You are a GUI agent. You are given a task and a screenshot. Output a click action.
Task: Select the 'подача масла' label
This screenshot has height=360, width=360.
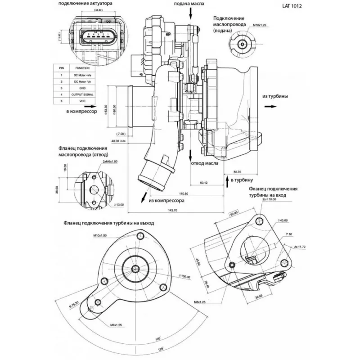click(x=189, y=4)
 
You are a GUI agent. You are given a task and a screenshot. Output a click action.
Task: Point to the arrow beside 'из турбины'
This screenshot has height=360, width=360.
click(x=270, y=107)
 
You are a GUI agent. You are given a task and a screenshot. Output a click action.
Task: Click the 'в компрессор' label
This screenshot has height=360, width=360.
click(x=81, y=110)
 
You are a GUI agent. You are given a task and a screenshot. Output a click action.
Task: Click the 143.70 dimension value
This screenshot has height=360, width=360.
click(x=172, y=211)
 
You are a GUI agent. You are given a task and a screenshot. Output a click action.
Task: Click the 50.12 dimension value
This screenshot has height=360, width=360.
click(x=204, y=183)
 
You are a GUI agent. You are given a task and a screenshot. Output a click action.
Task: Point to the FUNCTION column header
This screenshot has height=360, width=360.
click(x=82, y=67)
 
